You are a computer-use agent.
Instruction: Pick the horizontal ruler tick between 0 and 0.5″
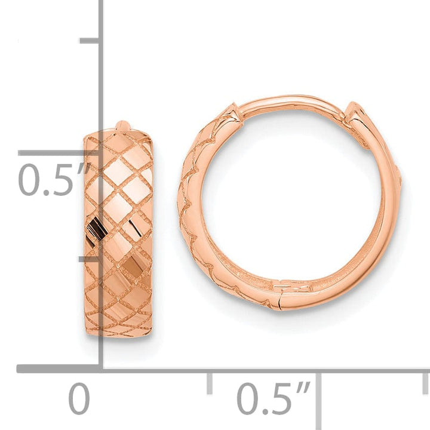pyautogui.click(x=209, y=383)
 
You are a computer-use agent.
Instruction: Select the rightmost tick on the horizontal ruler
pyautogui.click(x=425, y=383)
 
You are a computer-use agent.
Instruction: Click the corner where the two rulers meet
pyautogui.click(x=101, y=368)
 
